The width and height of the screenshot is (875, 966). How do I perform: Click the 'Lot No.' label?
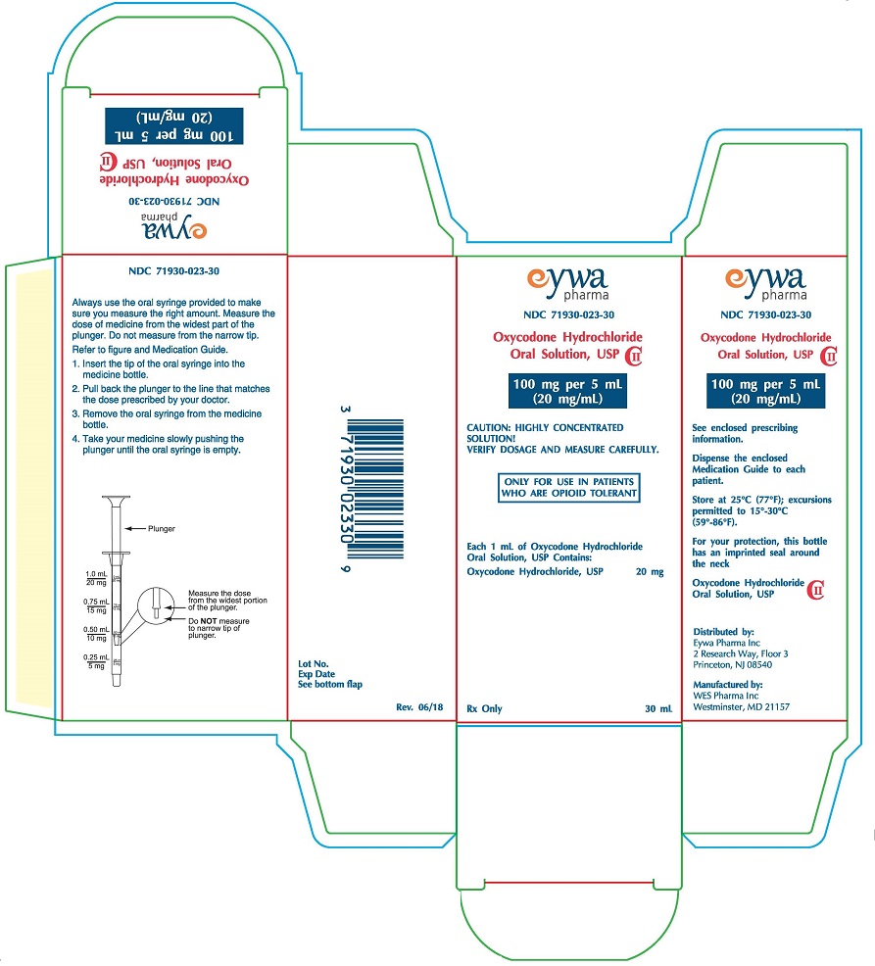point(315,664)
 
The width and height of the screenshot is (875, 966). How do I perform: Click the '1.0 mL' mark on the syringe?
point(96,573)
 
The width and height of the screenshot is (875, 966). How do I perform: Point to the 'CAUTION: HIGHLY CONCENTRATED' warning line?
point(545,428)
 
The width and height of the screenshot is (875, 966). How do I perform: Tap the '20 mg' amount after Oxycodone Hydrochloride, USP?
point(650,570)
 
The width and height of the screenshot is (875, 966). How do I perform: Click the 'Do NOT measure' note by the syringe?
point(214,624)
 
